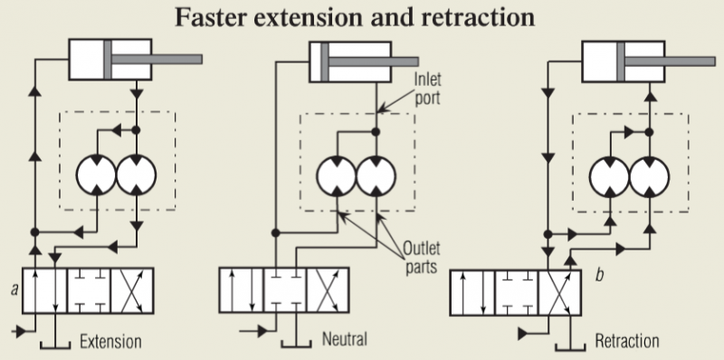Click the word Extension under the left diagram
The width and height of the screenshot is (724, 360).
pos(110,342)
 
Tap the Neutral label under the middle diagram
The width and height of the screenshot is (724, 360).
pos(344,340)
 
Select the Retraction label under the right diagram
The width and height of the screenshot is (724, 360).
pos(627,342)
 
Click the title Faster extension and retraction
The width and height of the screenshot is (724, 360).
pos(361,16)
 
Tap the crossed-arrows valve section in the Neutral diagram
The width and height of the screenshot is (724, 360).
pos(329,291)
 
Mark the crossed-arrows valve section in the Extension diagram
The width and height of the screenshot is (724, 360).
pos(132,291)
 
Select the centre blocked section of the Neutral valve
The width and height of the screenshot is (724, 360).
pos(285,291)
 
